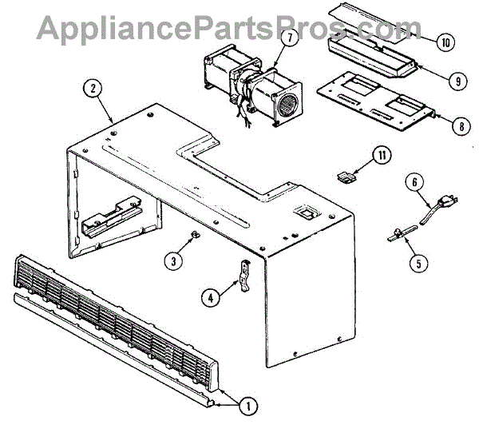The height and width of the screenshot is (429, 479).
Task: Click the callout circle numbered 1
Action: (248, 405)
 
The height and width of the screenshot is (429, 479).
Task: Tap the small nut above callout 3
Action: (193, 234)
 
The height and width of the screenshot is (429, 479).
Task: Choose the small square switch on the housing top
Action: (304, 213)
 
